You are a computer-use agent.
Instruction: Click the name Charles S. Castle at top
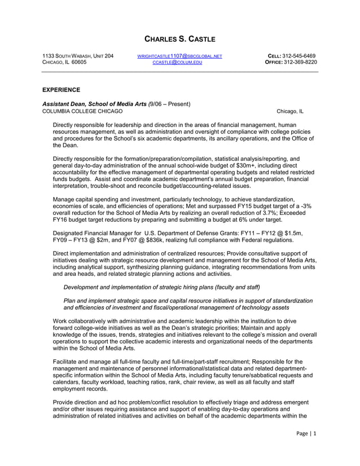click(x=180, y=39)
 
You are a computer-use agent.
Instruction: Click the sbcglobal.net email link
click(x=180, y=55)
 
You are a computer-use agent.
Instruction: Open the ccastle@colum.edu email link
click(x=180, y=63)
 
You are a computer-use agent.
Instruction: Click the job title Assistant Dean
click(x=64, y=104)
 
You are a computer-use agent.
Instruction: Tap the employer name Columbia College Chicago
click(x=82, y=111)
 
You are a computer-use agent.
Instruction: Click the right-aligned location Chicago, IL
click(x=289, y=111)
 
